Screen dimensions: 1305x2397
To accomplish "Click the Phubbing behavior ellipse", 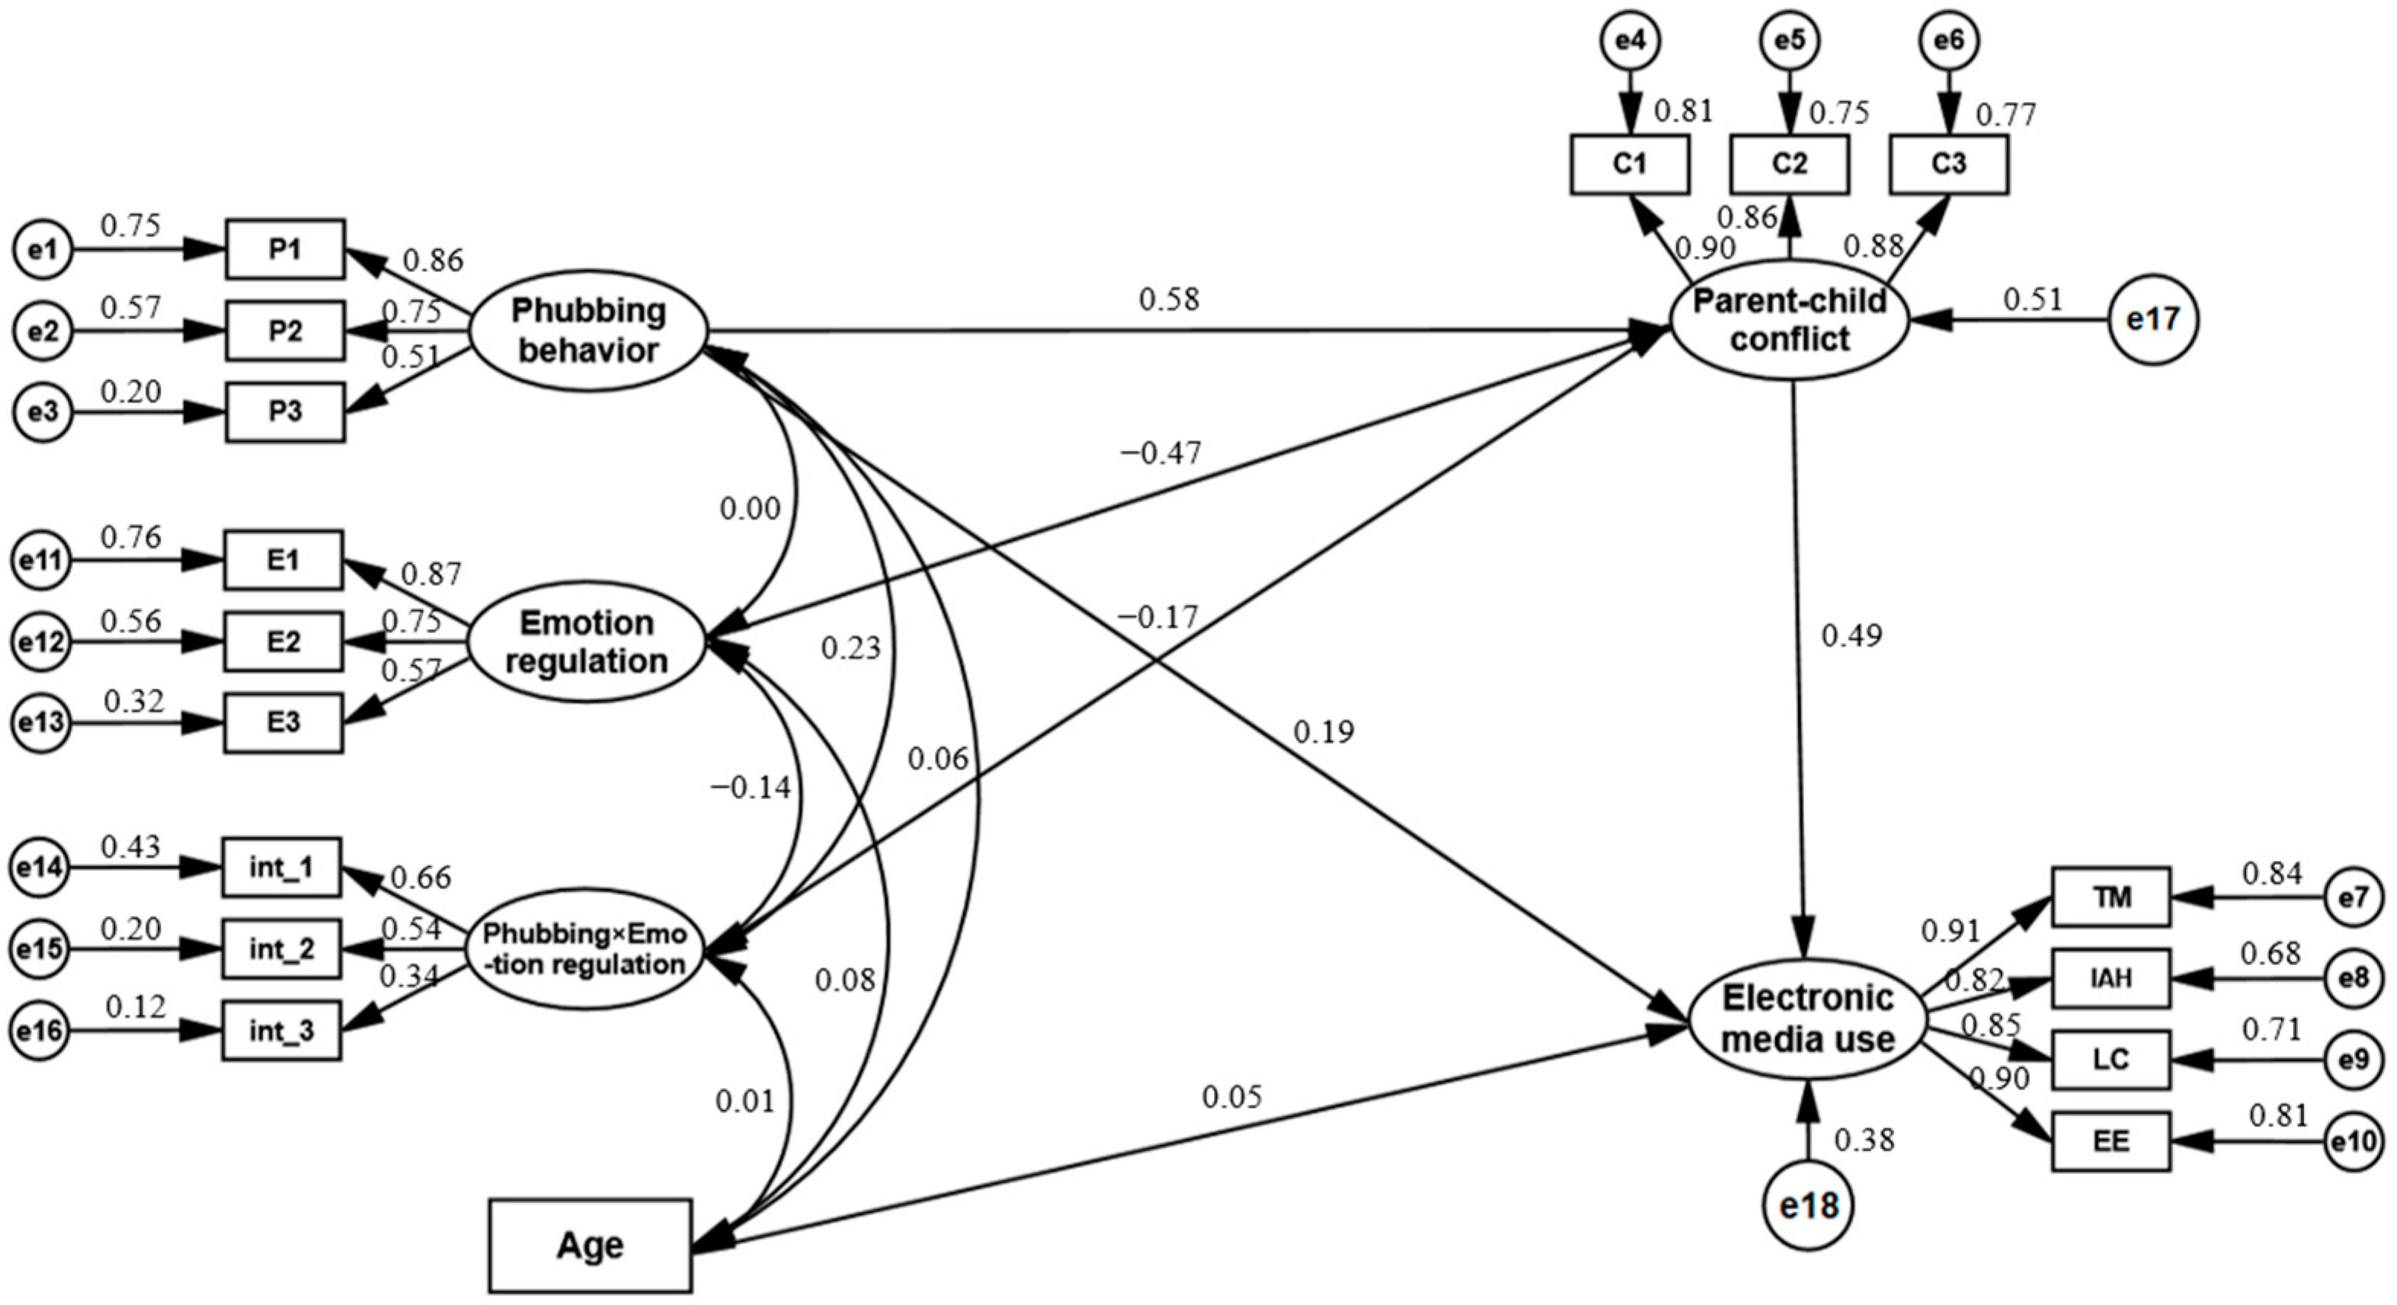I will pyautogui.click(x=587, y=331).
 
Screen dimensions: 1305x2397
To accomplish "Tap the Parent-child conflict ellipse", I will pyautogui.click(x=1791, y=320).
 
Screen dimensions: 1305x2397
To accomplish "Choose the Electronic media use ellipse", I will pyautogui.click(x=1807, y=1019).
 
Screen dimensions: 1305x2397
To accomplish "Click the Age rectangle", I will pyautogui.click(x=590, y=1245).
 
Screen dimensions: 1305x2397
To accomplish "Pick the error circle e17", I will pyautogui.click(x=2153, y=320).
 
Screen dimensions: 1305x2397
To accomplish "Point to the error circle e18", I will pyautogui.click(x=1809, y=1205).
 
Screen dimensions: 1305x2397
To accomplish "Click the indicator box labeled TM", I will pyautogui.click(x=2111, y=897).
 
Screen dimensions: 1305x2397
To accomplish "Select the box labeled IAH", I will pyautogui.click(x=2111, y=977).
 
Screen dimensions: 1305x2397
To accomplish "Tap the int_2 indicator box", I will pyautogui.click(x=281, y=948).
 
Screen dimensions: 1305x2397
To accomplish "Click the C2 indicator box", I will pyautogui.click(x=1788, y=165).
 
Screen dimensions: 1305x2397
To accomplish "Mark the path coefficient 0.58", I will pyautogui.click(x=1169, y=300).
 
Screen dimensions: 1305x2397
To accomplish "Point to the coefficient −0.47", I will pyautogui.click(x=1160, y=454).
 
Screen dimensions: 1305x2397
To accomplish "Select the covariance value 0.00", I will pyautogui.click(x=750, y=510).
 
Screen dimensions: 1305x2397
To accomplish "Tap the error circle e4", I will pyautogui.click(x=1629, y=41).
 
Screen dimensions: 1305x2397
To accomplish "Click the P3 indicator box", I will pyautogui.click(x=285, y=411).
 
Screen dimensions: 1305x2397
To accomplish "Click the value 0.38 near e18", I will pyautogui.click(x=1864, y=1140).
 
